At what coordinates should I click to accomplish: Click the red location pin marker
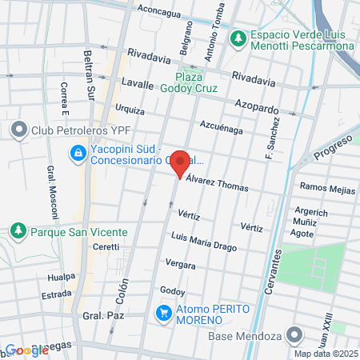180,162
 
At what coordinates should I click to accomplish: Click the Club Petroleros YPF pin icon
18,129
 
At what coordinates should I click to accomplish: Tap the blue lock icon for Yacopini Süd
78,151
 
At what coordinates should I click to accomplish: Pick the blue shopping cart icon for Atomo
164,313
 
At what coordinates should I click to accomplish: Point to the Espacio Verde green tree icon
237,38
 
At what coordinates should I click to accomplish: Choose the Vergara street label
180,263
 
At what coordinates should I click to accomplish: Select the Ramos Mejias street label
326,187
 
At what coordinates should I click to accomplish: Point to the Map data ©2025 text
325,354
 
